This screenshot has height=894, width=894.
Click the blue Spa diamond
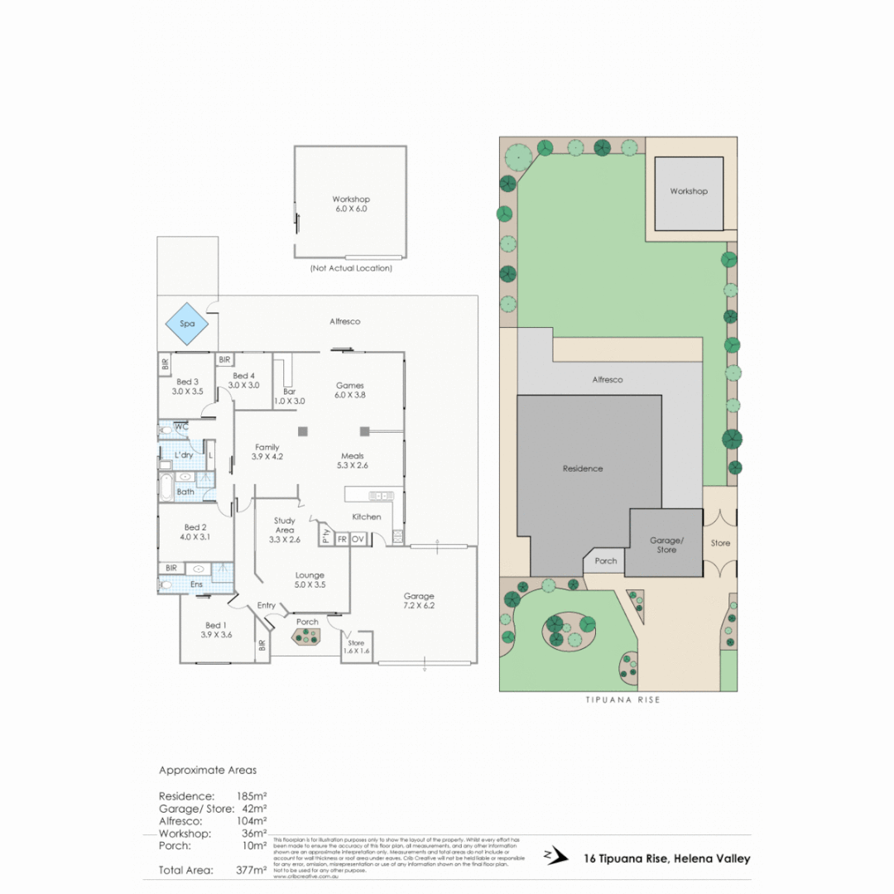click(x=187, y=324)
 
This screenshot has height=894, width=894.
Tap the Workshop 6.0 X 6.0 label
click(x=351, y=204)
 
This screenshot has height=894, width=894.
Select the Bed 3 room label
click(x=186, y=386)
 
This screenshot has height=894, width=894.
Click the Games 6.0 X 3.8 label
click(x=350, y=390)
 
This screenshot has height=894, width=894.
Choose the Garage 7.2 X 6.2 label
click(x=419, y=602)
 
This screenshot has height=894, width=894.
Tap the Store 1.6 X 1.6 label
click(x=356, y=646)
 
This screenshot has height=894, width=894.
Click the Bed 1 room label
click(x=215, y=629)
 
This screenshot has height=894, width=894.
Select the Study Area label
click(x=285, y=530)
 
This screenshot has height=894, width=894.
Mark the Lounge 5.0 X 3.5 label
click(x=310, y=579)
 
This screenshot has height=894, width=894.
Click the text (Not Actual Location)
click(x=351, y=268)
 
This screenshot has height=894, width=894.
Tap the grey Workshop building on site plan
click(x=689, y=192)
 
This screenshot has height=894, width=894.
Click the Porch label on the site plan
click(x=606, y=560)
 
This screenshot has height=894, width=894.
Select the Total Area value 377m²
click(x=251, y=870)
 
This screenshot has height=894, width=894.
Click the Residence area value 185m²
click(x=251, y=795)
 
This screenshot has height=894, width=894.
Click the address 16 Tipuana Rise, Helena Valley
click(x=667, y=858)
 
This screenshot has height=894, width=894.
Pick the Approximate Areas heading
click(x=208, y=770)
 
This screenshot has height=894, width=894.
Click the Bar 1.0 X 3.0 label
click(x=289, y=396)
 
